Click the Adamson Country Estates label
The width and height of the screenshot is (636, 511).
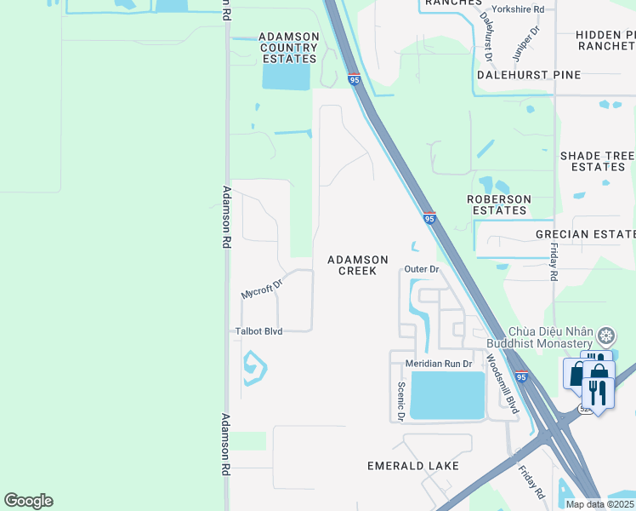(x=290, y=48)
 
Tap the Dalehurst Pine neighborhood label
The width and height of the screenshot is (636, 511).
(x=528, y=75)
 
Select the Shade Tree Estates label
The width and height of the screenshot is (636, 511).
(x=598, y=161)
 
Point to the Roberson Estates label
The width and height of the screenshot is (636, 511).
(x=499, y=204)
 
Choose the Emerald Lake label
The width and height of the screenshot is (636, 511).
(x=413, y=466)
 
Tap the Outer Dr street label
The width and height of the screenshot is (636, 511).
(x=422, y=269)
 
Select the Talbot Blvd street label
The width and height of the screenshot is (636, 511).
(x=258, y=330)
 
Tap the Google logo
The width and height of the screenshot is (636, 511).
(x=28, y=501)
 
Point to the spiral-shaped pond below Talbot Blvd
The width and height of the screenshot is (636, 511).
(x=254, y=369)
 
